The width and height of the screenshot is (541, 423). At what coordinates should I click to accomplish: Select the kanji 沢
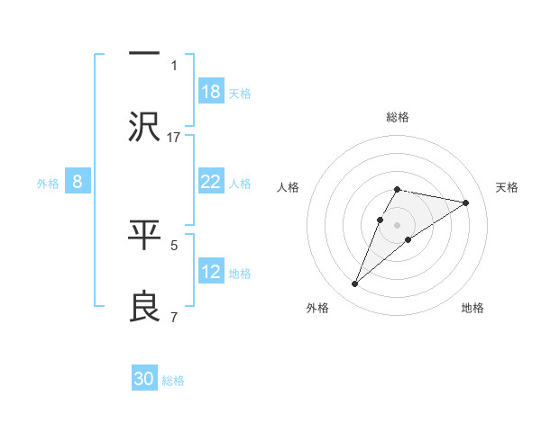click(x=144, y=126)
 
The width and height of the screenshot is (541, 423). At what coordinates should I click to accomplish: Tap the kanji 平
click(x=144, y=234)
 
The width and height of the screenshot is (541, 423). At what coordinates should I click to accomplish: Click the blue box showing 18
click(x=211, y=92)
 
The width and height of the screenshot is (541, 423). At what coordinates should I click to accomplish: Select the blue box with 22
click(x=211, y=182)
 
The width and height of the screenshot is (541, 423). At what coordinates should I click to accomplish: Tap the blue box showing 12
click(x=211, y=272)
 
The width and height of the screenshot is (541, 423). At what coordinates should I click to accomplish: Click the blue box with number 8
click(x=78, y=182)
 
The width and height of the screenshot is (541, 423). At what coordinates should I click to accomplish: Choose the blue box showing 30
click(x=144, y=380)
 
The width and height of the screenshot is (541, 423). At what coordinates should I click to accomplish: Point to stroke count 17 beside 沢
click(x=174, y=137)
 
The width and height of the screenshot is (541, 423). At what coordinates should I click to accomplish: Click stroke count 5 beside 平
click(x=174, y=244)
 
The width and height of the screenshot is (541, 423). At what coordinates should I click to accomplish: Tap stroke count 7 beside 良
click(x=174, y=316)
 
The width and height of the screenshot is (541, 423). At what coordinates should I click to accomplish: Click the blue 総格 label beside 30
click(x=173, y=381)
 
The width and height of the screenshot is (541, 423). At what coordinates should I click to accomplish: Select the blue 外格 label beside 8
click(x=48, y=183)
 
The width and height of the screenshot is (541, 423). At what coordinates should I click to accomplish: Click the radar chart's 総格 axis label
click(x=398, y=117)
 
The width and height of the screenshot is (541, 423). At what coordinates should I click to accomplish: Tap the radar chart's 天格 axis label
click(x=508, y=187)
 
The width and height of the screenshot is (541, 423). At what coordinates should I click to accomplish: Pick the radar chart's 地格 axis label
click(x=472, y=308)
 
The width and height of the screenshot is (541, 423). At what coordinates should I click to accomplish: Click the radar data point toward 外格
click(x=355, y=284)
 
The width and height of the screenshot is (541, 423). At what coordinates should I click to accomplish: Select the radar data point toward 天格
click(x=466, y=202)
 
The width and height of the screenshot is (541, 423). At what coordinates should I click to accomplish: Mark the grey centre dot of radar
click(x=398, y=224)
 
